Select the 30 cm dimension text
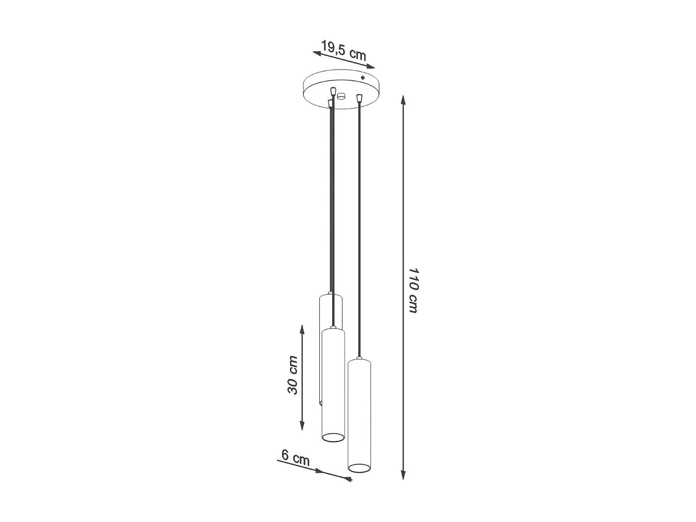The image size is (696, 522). pos(292,375)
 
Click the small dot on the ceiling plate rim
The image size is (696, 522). pos(363,77)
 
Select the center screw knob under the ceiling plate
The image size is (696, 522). pos(342,97)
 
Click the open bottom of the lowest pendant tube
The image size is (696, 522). pos(360,468)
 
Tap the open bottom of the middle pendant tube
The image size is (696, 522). pos(333,437)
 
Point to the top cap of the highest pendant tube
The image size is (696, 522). pos(330,294)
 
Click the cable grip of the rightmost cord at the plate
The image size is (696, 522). pos(359,98)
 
